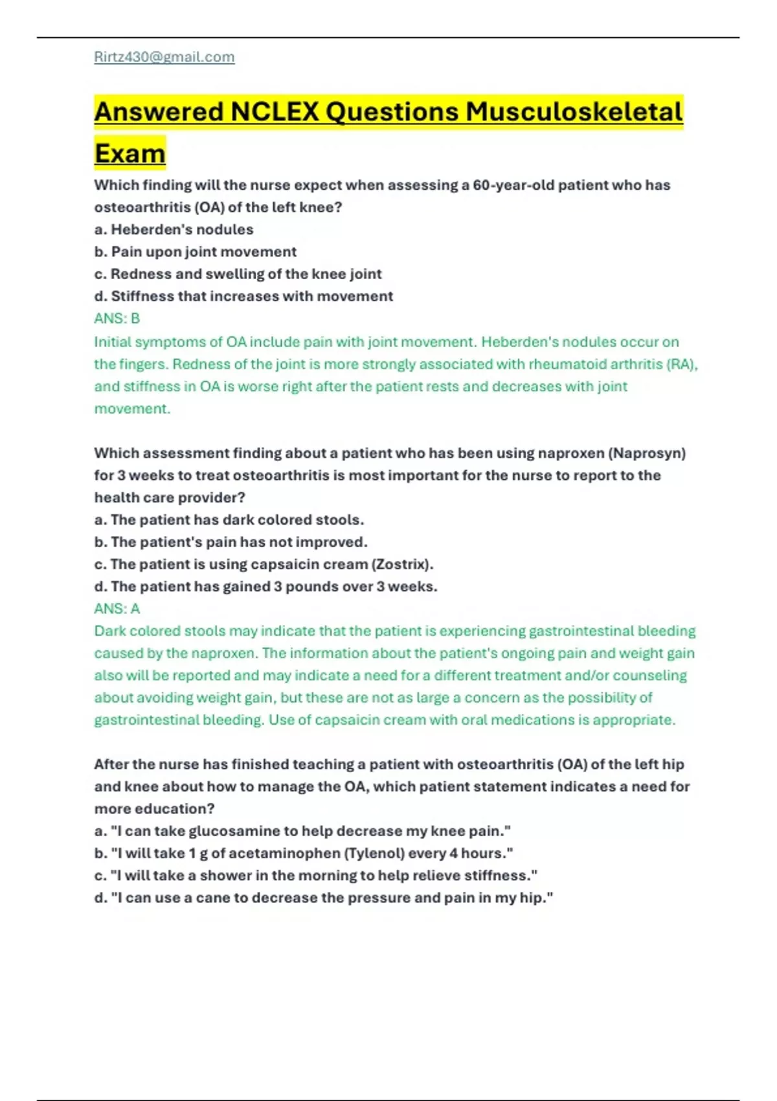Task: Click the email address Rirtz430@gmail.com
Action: coord(164,57)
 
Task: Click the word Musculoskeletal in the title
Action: coord(574,111)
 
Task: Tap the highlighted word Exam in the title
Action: coord(130,153)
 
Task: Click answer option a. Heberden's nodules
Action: coord(174,229)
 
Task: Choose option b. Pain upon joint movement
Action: coord(195,251)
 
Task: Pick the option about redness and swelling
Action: coord(238,274)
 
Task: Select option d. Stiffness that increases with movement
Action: coord(243,296)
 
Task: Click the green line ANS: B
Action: coord(117,319)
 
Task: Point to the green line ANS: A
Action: coord(117,609)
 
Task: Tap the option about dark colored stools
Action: coord(229,519)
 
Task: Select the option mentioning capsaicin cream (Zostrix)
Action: coord(264,564)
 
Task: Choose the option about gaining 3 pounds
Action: coord(265,586)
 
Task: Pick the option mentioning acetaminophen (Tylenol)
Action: coord(304,853)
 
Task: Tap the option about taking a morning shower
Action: coord(316,876)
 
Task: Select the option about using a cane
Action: coord(324,898)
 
